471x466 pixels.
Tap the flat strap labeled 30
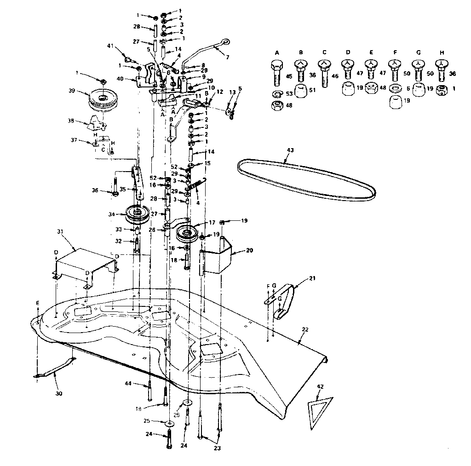pyautogui.click(x=54, y=368)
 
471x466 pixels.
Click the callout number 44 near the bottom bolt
pyautogui.click(x=127, y=383)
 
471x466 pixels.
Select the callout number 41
pyautogui.click(x=110, y=46)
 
